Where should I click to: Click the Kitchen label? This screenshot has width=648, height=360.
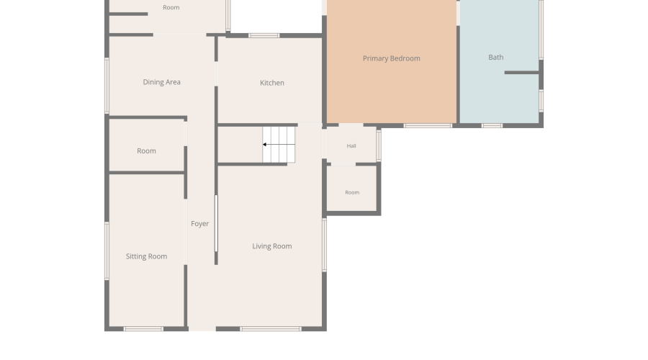coord(272,83)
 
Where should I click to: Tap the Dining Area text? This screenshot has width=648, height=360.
coord(161,82)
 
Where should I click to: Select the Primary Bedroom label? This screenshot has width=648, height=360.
coord(392,59)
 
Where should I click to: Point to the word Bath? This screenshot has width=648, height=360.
coord(496,58)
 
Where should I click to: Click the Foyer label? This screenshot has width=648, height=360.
coord(199,224)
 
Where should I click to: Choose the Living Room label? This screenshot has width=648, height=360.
coord(272,246)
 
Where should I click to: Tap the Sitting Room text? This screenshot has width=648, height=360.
coord(146,256)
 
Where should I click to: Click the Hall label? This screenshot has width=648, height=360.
coord(351,146)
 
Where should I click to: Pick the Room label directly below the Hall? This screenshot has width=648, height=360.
coord(352,193)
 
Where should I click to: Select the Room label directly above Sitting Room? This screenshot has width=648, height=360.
coord(146,151)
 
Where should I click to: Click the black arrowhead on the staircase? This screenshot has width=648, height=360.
coord(264,144)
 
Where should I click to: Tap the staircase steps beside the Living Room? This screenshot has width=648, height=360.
coord(279,144)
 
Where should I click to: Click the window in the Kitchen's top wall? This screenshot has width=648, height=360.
coord(264,35)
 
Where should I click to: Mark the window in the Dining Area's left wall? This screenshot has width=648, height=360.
coord(107,86)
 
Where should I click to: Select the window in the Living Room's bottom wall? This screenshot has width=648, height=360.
coord(271,329)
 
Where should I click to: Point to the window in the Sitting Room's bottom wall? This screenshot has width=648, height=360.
coord(143,329)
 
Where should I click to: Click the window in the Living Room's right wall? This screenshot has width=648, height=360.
coord(325,245)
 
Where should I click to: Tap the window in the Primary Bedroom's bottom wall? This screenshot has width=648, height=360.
coord(428,126)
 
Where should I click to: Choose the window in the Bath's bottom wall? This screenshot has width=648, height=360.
coord(492,126)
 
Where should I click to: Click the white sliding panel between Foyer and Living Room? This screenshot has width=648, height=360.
coord(216,223)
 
